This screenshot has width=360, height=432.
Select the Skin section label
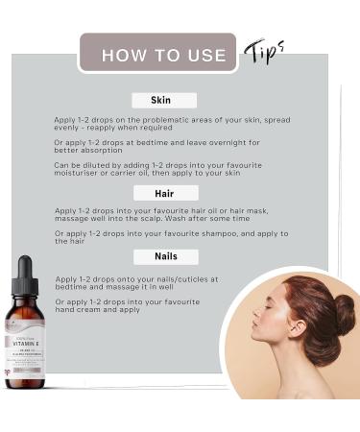tap(160, 100)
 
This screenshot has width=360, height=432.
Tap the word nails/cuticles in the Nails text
tap(188, 279)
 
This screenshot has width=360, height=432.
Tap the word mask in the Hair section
tap(247, 209)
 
